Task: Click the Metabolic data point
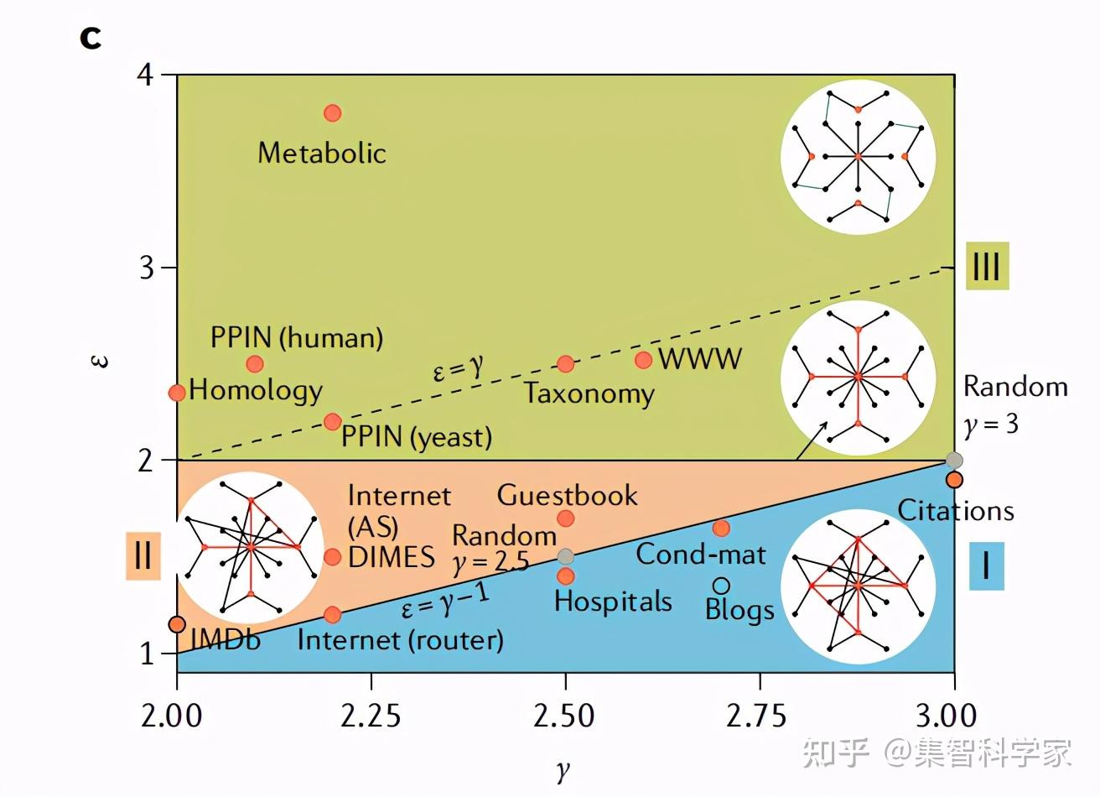click(333, 113)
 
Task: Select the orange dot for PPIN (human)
click(255, 363)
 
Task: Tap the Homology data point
click(177, 393)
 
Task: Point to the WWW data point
click(643, 360)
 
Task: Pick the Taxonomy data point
click(566, 363)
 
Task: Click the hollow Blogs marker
click(721, 586)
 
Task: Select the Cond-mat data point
click(721, 528)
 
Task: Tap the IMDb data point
click(177, 624)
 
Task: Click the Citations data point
click(954, 480)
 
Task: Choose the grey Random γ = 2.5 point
click(566, 556)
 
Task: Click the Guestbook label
click(567, 495)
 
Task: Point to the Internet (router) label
click(400, 640)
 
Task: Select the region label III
click(986, 267)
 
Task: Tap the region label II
click(143, 555)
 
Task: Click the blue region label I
click(986, 565)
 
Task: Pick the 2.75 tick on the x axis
click(760, 716)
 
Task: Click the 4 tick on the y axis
click(146, 75)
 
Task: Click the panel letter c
click(91, 37)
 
